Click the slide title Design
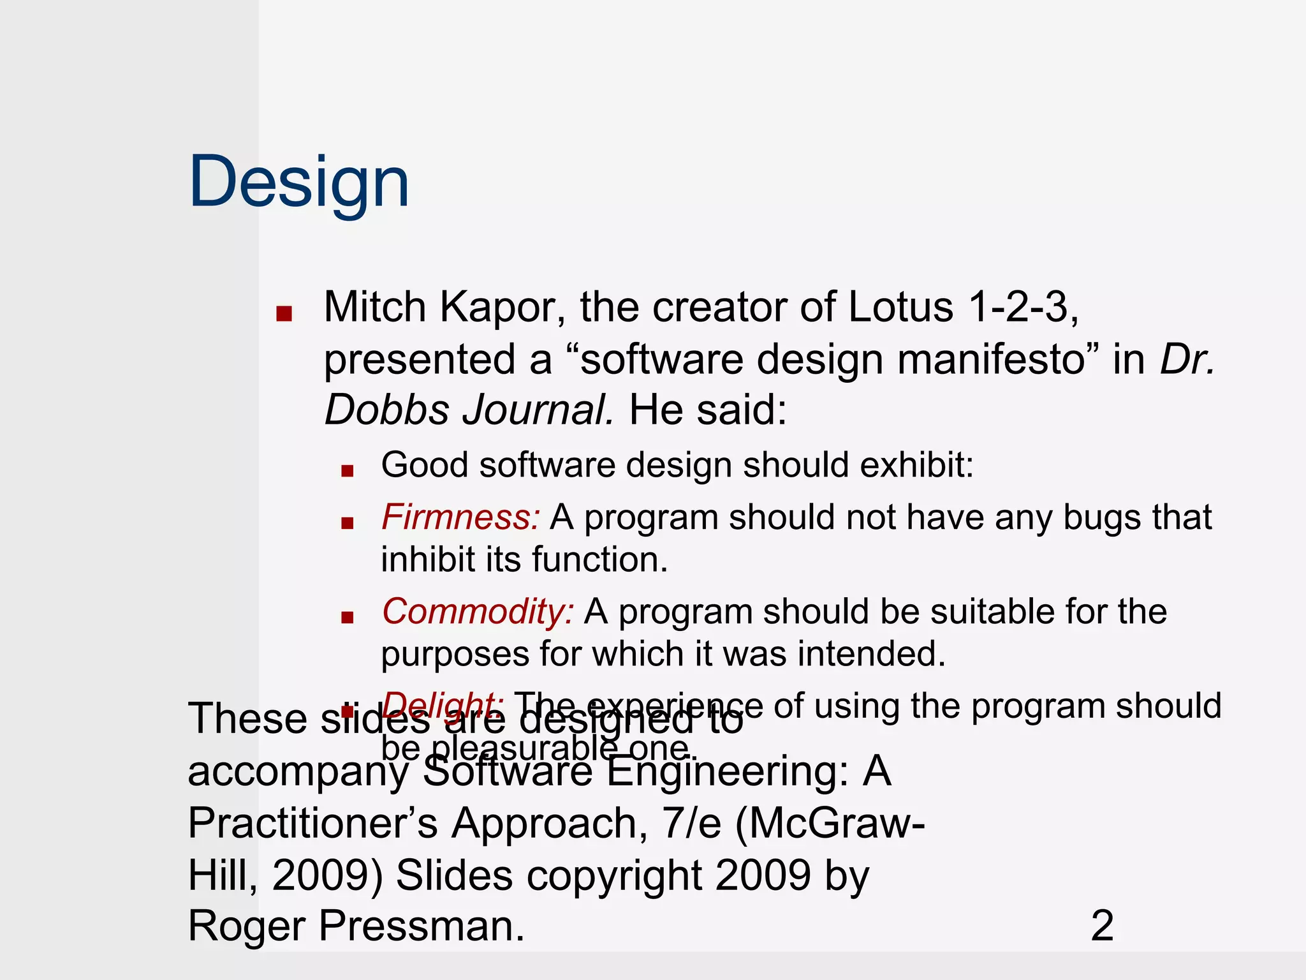pos(298,182)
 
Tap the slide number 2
pos(1102,926)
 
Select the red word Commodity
pos(477,611)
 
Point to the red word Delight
pos(443,704)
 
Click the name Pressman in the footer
pos(421,926)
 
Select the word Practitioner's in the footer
pos(312,823)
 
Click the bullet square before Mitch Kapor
pos(284,314)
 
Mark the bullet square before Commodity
pos(347,618)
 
